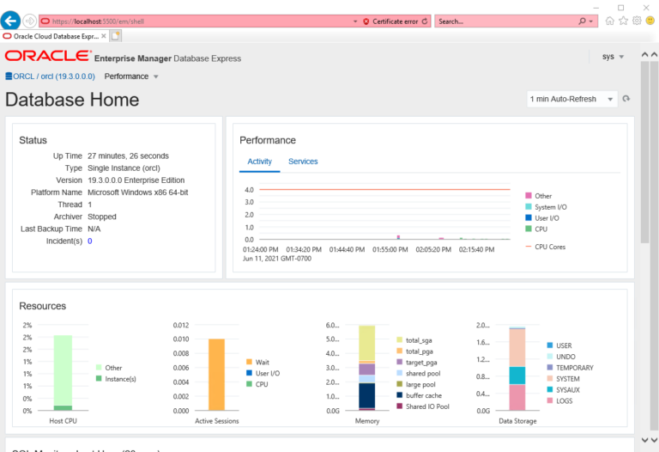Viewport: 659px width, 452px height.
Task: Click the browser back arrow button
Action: click(10, 21)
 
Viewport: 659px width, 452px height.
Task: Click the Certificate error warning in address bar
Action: click(390, 21)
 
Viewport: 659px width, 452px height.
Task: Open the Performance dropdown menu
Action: click(131, 76)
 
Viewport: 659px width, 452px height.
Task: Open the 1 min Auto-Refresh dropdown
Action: click(572, 99)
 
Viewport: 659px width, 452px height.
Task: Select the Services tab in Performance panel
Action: click(303, 162)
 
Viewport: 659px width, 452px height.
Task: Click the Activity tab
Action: click(259, 162)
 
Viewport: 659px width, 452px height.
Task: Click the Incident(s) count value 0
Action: click(89, 241)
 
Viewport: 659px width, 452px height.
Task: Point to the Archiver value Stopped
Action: click(102, 217)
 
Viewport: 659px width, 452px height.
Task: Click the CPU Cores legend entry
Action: click(549, 247)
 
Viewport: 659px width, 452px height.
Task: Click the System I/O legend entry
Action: click(550, 207)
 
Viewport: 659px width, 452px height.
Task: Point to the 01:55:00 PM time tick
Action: click(390, 249)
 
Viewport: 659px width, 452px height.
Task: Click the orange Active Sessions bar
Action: click(216, 374)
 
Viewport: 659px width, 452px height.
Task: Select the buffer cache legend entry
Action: click(424, 395)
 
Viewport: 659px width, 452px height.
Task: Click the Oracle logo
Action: click(47, 57)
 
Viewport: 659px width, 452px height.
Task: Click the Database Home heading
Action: click(72, 100)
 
